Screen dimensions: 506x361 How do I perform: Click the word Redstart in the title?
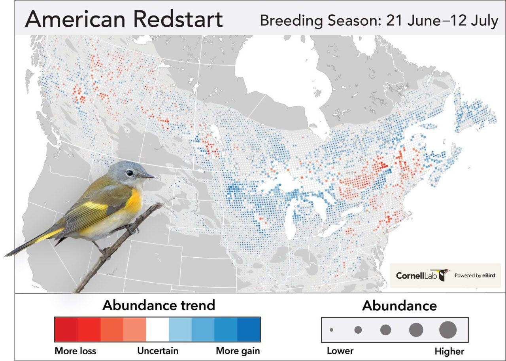coord(178,19)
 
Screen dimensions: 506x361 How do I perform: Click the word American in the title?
coord(75,19)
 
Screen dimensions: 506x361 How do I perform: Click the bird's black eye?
coord(130,173)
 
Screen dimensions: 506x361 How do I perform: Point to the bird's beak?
coord(147,176)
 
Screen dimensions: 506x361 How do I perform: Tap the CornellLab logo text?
coord(416,275)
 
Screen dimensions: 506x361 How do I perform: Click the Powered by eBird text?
coord(475,275)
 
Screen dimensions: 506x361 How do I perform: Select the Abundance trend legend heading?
coord(159,305)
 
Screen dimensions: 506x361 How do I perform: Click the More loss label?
coord(75,351)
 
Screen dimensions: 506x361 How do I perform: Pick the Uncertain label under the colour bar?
coord(158,351)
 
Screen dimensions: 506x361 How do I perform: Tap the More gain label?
coord(238,351)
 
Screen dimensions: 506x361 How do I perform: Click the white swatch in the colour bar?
coord(157,329)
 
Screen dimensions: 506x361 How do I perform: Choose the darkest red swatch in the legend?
coord(66,329)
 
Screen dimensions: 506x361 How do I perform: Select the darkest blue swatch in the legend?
coord(249,329)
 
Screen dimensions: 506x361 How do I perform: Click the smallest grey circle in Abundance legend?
coord(331,330)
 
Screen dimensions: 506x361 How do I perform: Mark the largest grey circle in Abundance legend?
coord(448,330)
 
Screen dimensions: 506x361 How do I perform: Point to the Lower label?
coord(340,351)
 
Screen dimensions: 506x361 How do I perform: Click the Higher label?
coord(449,351)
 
